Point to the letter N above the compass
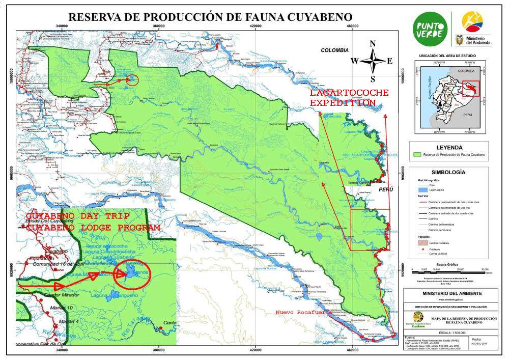click(373, 43)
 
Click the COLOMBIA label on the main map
click(334, 50)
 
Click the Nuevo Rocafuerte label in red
click(300, 312)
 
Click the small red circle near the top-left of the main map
click(132, 79)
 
